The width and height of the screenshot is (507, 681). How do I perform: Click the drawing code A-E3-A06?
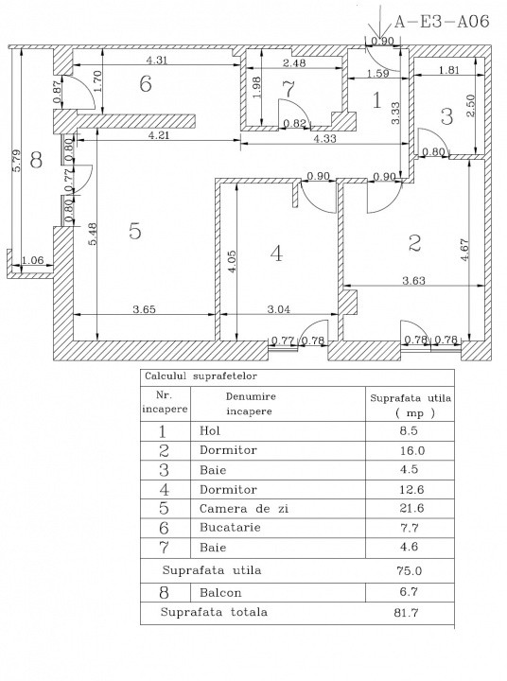441,21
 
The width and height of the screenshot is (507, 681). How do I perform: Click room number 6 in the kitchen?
145,83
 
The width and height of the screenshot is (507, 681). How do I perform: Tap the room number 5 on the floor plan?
135,231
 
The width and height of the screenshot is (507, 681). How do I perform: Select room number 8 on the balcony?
36,160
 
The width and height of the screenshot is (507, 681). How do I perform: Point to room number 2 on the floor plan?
413,243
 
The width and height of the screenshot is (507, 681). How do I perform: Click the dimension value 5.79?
16,156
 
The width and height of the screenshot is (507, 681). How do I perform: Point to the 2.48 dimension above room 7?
293,63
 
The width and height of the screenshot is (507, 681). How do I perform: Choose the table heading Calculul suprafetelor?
197,375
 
